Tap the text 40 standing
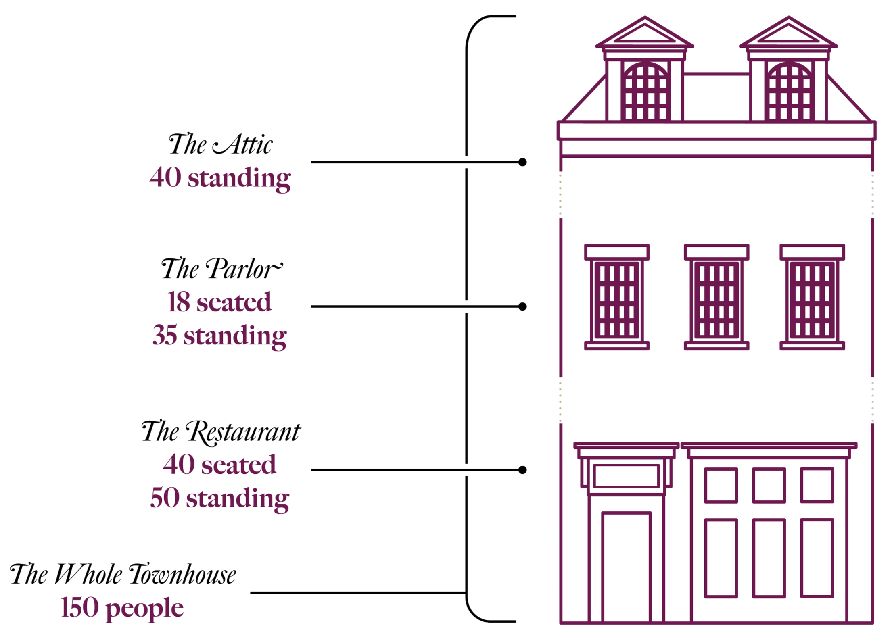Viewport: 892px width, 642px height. pos(220,177)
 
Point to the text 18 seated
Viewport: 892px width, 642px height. pos(220,302)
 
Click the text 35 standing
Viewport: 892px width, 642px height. pos(220,336)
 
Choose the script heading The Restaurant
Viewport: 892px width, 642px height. pos(221,432)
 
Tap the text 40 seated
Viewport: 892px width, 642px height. pos(220,465)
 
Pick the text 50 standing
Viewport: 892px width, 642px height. pos(220,498)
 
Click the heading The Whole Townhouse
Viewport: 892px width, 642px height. pos(123,574)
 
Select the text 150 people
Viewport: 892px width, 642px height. pos(123,608)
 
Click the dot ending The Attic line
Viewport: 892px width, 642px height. pos(522,162)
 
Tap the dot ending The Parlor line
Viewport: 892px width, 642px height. pos(522,306)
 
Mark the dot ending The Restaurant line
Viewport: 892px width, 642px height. pos(522,470)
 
